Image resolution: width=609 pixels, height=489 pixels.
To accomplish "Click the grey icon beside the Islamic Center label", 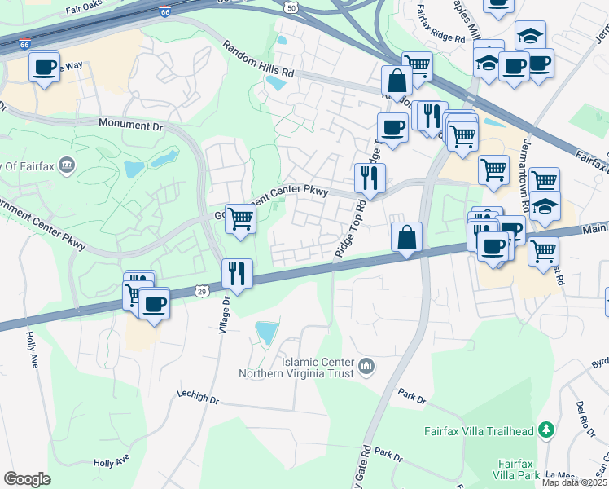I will [x=366, y=368].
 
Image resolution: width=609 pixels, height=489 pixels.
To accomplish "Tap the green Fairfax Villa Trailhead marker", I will [x=548, y=430].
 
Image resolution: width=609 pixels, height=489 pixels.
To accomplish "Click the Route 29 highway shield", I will [x=202, y=289].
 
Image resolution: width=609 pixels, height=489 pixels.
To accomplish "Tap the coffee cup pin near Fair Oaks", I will [x=44, y=65].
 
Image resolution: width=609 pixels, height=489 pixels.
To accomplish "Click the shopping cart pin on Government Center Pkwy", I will [x=240, y=218].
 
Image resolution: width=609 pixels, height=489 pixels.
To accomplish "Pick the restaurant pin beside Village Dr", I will [x=237, y=273].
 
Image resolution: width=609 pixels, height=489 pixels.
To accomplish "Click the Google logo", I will [x=27, y=479].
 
